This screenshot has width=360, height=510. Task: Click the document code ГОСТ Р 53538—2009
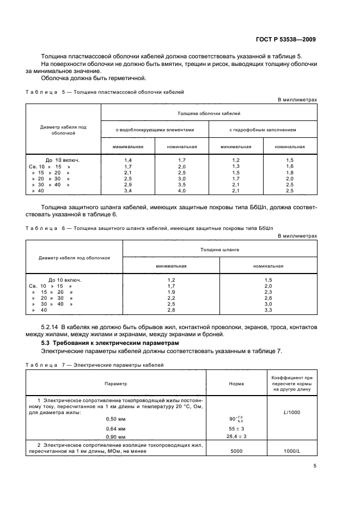289,40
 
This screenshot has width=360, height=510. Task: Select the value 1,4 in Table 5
128,160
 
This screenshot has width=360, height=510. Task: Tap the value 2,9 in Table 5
128,185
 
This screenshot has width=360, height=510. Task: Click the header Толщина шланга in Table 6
219,249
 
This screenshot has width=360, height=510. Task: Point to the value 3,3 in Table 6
268,310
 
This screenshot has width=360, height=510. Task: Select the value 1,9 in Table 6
171,292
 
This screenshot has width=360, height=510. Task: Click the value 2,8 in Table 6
171,310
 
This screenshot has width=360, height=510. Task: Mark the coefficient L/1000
292,412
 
